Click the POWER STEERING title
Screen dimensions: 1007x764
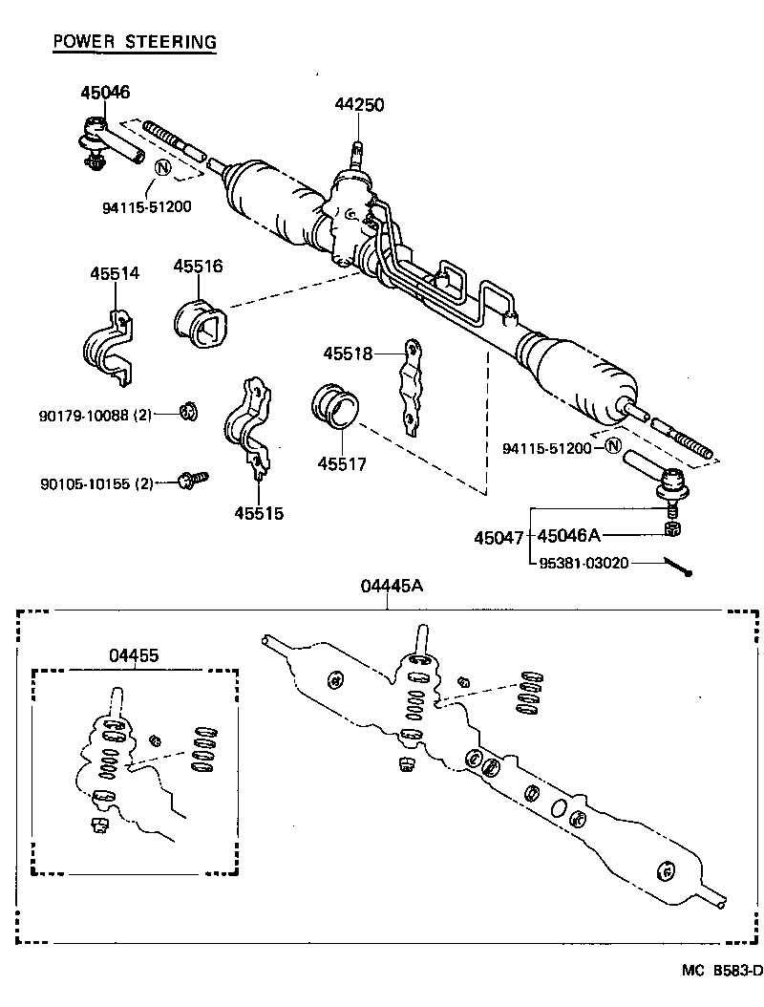coord(135,41)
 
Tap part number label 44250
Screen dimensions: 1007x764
coord(359,105)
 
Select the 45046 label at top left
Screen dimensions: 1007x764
coord(105,93)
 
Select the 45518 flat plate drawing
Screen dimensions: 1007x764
coord(410,387)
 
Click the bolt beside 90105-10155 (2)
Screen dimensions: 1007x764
coord(194,479)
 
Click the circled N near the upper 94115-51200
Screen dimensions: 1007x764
coord(161,169)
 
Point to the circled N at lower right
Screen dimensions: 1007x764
coord(612,446)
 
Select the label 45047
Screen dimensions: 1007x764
coord(498,538)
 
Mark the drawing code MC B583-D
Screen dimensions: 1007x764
coord(722,971)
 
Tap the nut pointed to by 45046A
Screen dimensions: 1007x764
coord(671,528)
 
